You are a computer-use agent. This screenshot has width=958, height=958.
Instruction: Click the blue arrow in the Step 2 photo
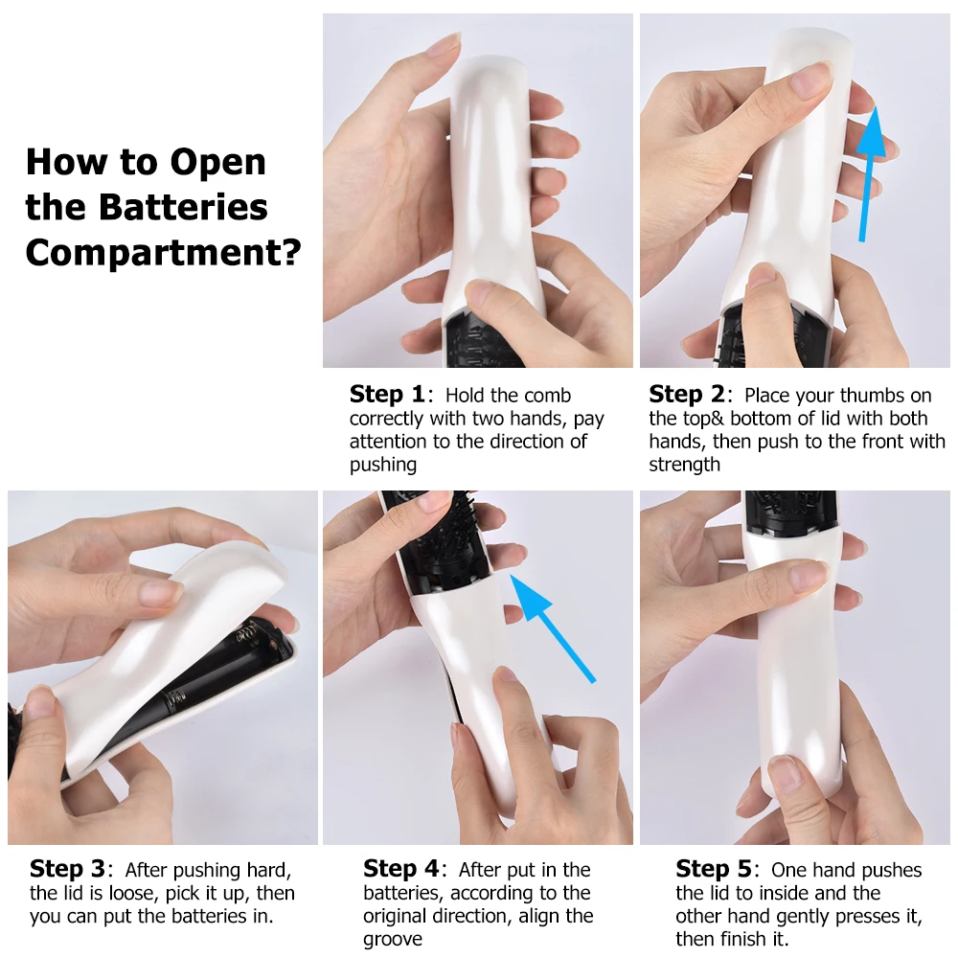tap(869, 174)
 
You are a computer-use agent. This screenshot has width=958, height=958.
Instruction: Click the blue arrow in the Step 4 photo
tap(551, 627)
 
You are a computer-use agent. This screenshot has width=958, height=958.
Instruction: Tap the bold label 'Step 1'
tap(387, 394)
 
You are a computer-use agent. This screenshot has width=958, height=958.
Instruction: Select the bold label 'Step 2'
tap(686, 394)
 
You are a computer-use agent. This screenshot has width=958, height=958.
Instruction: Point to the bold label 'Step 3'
tap(67, 868)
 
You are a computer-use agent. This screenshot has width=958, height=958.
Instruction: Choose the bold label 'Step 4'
tap(400, 868)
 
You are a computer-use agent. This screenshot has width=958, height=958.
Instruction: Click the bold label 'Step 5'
tap(714, 868)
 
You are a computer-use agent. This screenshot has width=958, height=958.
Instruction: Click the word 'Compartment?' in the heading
tap(163, 251)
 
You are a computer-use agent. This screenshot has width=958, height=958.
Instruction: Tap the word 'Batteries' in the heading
tap(183, 207)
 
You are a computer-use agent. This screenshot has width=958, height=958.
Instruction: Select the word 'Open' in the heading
tap(217, 163)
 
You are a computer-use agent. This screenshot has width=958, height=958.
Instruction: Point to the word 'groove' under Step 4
tap(392, 939)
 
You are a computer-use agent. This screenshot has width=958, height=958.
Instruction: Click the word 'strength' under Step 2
tap(684, 465)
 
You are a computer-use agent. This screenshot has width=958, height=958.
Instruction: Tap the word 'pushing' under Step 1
tap(383, 465)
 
